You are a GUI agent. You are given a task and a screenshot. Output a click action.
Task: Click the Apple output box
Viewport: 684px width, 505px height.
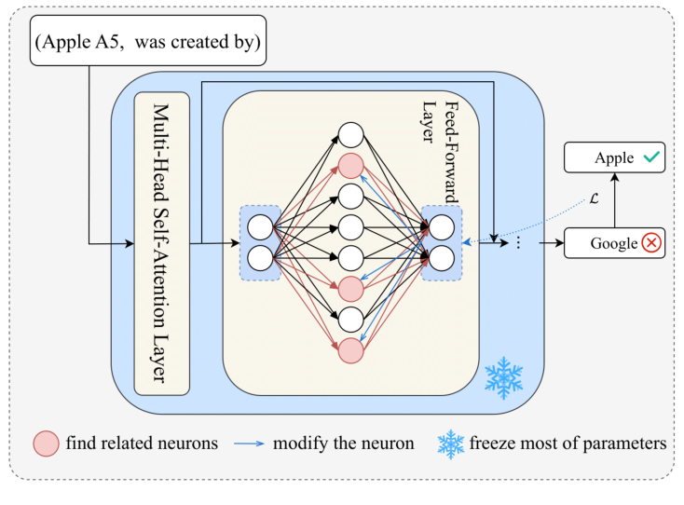click(x=614, y=158)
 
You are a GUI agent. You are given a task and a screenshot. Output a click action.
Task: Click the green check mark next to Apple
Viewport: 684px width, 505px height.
click(x=650, y=158)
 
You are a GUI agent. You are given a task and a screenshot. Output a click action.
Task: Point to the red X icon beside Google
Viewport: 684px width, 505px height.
click(x=650, y=243)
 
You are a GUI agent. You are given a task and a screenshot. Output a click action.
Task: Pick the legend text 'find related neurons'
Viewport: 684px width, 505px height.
click(x=142, y=444)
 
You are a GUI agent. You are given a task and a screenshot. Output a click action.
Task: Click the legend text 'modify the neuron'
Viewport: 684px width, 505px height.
click(x=344, y=444)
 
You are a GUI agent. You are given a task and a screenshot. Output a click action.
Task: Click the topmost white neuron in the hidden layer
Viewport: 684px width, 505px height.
click(x=350, y=134)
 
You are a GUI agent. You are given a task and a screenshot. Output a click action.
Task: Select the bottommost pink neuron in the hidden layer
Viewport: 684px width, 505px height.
click(x=350, y=350)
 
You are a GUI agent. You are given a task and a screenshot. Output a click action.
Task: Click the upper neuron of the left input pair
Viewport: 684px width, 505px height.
click(x=260, y=225)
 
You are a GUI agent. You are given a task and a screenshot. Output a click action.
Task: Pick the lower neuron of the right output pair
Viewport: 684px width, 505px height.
click(x=441, y=258)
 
